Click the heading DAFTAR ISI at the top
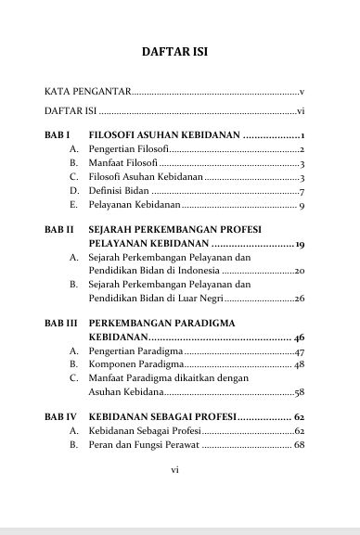point(180,52)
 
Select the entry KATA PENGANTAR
point(88,93)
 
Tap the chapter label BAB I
point(58,135)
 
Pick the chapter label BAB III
point(61,323)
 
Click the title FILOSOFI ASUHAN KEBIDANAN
point(164,135)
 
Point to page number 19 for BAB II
point(300,243)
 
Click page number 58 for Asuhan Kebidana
point(300,392)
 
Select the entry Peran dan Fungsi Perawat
point(144,445)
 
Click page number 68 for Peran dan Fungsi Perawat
point(300,445)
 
